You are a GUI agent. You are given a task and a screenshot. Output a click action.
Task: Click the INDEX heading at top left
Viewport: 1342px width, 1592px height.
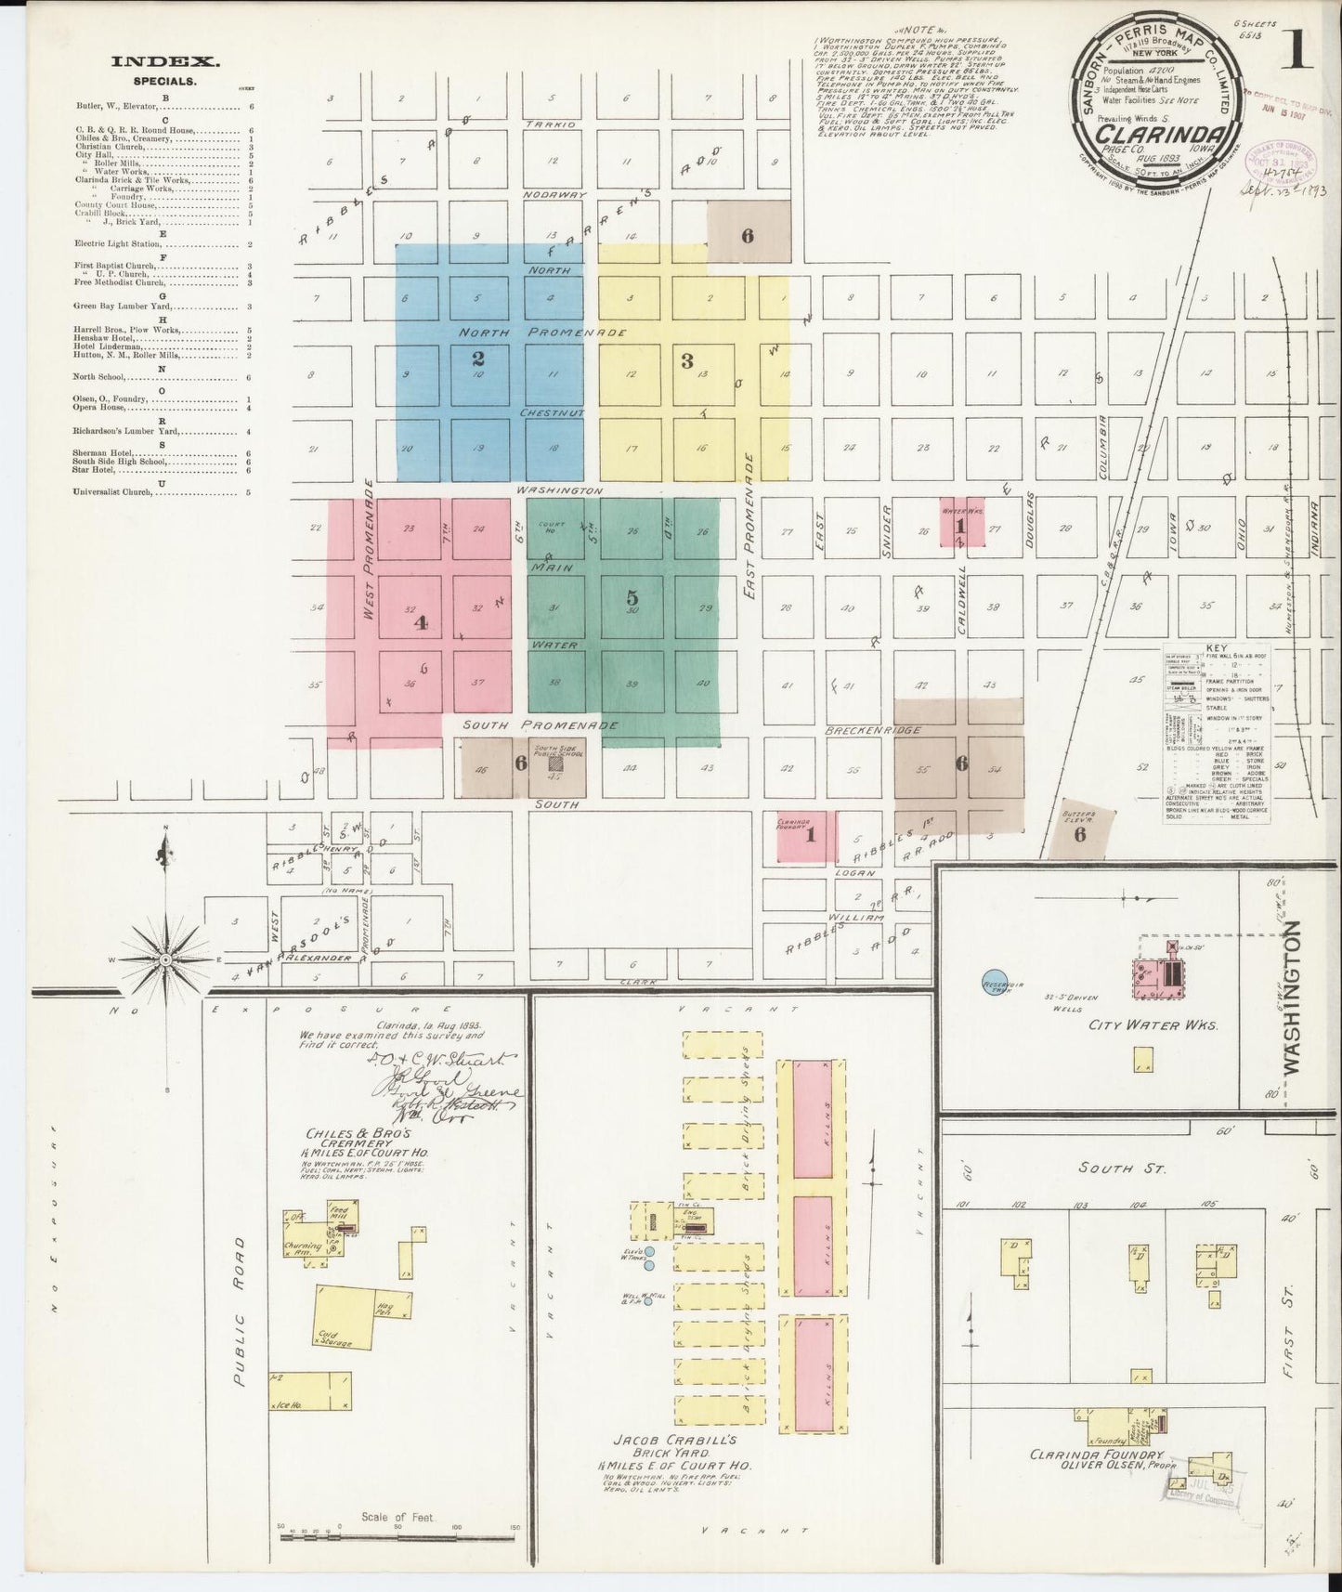pyautogui.click(x=165, y=63)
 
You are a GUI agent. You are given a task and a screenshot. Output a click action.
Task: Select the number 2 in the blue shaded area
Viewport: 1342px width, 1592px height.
pyautogui.click(x=477, y=357)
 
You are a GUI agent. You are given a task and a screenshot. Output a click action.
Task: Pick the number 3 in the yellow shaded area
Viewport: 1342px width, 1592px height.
pyautogui.click(x=687, y=361)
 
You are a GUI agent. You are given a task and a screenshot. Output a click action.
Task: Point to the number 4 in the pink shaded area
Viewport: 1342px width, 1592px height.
pyautogui.click(x=420, y=623)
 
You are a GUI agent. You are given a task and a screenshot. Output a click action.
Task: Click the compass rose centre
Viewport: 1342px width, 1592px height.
pyautogui.click(x=165, y=958)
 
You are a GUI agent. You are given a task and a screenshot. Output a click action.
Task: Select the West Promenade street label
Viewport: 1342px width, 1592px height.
pyautogui.click(x=369, y=550)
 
